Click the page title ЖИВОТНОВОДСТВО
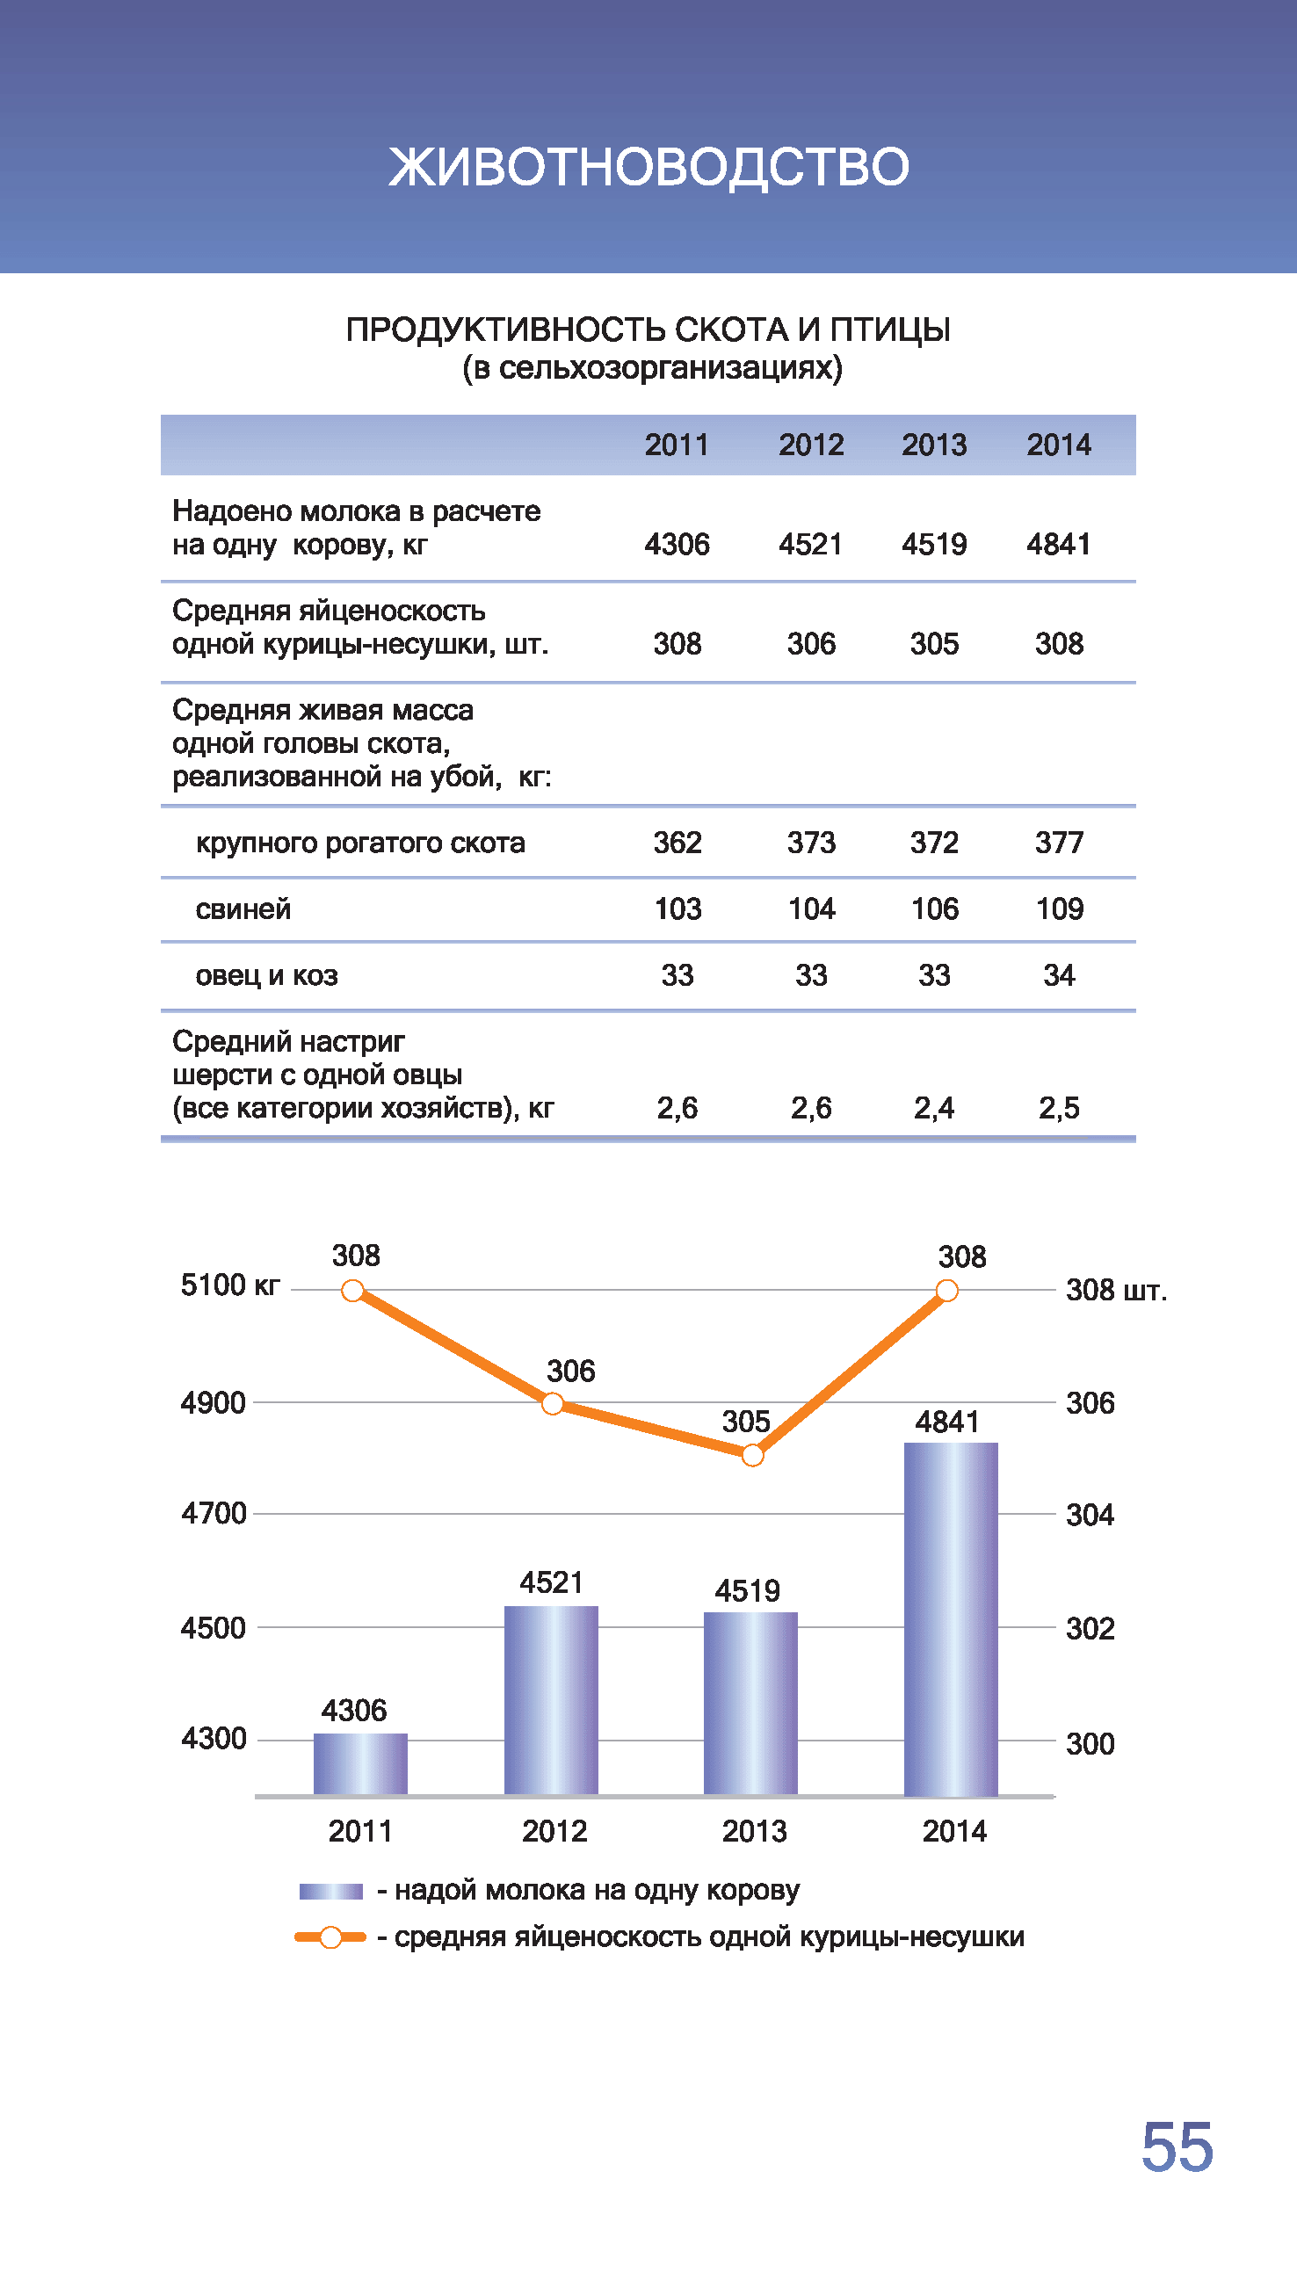click(648, 167)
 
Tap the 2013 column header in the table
click(933, 445)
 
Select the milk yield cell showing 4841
click(1058, 543)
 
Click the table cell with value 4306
click(677, 543)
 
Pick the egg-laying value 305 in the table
click(933, 643)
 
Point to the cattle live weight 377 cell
click(1058, 842)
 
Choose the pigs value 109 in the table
click(1058, 908)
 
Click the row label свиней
click(243, 908)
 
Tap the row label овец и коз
click(266, 975)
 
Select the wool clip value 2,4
click(933, 1107)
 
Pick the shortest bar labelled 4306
click(360, 1764)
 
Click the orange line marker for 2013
click(753, 1455)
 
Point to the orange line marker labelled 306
click(553, 1404)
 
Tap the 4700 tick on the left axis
click(214, 1513)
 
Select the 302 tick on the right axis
click(1090, 1628)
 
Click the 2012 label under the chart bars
click(554, 1831)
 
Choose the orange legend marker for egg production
click(330, 1937)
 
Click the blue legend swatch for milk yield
click(330, 1891)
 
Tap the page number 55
click(1177, 2147)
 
